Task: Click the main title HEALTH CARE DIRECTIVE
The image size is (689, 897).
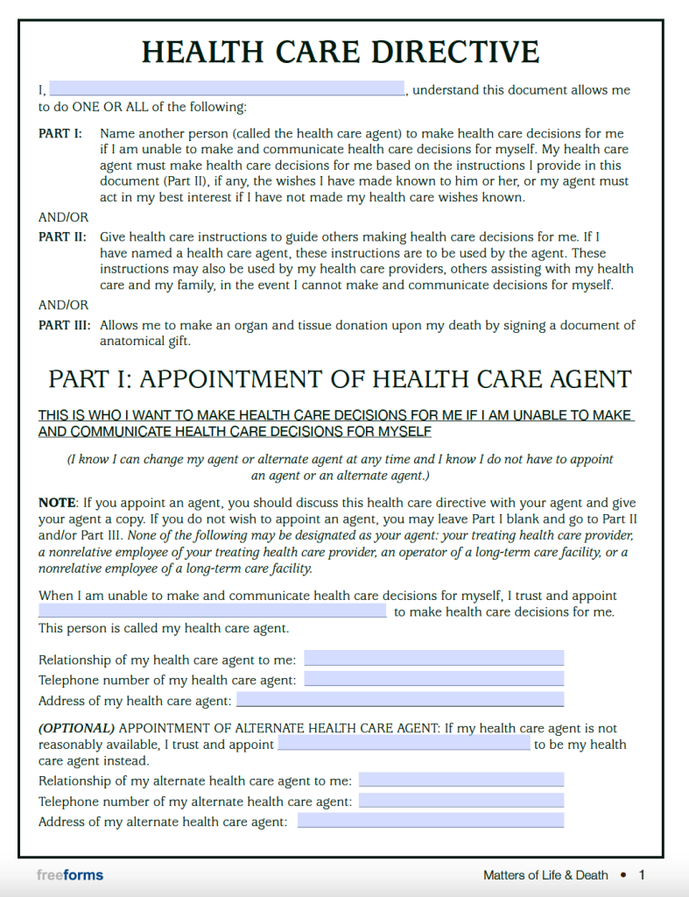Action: [x=341, y=52]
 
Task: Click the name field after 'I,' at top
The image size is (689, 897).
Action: [x=227, y=89]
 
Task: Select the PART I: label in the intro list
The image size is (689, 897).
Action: [x=60, y=134]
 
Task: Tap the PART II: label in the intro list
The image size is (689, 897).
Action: [x=61, y=237]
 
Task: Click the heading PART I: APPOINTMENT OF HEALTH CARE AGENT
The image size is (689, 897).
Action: [x=340, y=379]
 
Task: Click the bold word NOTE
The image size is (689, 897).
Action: [x=57, y=504]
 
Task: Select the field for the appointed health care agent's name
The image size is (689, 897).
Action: [x=212, y=611]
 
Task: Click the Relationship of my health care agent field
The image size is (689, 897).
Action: [x=433, y=659]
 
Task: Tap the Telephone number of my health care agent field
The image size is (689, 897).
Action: [x=433, y=680]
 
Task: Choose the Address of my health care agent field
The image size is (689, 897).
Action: [x=400, y=700]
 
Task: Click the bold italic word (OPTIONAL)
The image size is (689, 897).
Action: [x=76, y=728]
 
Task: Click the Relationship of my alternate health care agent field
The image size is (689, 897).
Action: [x=461, y=780]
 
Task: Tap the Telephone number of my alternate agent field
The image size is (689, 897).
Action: [x=461, y=801]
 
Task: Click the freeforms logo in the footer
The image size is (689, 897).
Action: [x=70, y=875]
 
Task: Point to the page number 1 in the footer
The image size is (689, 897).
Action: [x=642, y=875]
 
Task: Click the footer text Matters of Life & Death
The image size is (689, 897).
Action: [x=545, y=875]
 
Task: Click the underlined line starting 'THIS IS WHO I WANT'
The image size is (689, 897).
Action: [x=335, y=415]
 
